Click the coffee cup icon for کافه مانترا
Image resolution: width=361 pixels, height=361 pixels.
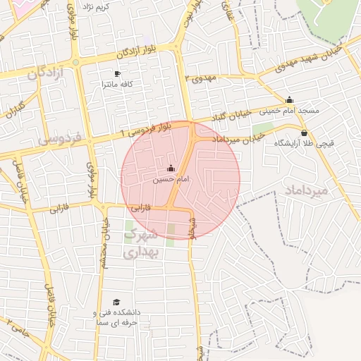(118, 74)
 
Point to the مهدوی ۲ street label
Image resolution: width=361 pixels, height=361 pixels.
(198, 78)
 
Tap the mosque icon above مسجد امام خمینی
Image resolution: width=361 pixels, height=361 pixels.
(289, 100)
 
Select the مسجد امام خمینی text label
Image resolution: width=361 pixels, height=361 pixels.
(289, 111)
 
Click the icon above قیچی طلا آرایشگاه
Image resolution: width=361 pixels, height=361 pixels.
(304, 133)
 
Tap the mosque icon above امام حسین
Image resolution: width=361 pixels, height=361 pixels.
(171, 169)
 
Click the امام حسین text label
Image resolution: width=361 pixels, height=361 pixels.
(171, 180)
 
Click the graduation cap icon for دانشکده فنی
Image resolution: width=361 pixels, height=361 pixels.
(116, 302)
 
